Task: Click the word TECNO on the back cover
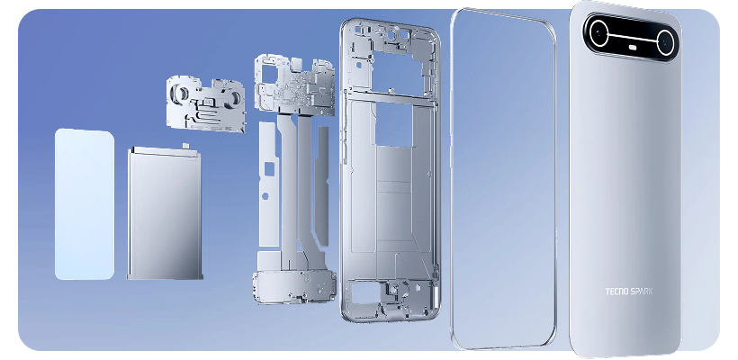coord(619,292)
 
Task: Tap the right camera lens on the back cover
coord(664,40)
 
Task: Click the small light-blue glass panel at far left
coord(84,203)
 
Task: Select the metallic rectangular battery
coord(165,212)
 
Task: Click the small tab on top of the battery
coord(184,145)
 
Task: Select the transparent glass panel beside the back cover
coord(504,180)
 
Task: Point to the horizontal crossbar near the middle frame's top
coord(391,94)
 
